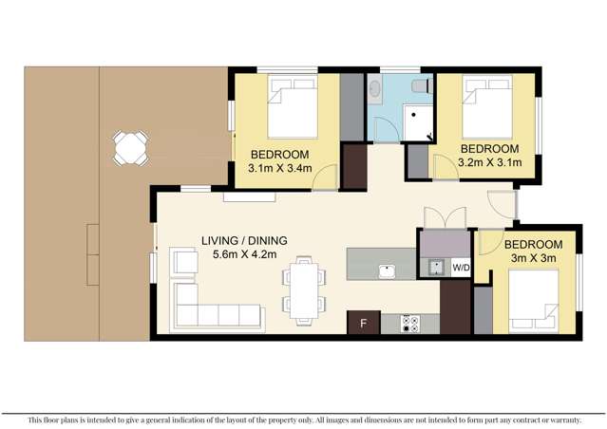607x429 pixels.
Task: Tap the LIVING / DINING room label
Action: point(243,240)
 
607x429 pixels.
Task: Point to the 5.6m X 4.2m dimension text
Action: point(243,254)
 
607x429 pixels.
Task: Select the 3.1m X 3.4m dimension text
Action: point(281,168)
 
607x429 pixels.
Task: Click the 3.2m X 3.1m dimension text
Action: point(489,162)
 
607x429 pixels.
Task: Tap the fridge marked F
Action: point(362,323)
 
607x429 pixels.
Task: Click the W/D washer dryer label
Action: point(460,269)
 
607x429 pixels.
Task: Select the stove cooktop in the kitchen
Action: point(411,323)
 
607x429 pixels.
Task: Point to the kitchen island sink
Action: point(387,272)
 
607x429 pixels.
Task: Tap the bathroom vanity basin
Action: point(374,92)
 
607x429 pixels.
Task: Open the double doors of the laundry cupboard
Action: point(444,217)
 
